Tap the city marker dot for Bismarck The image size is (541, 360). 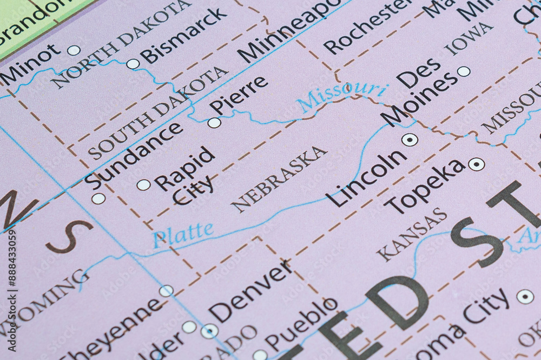133,64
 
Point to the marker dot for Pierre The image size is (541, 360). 214,123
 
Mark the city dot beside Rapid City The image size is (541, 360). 143,185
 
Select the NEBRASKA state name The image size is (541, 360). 279,178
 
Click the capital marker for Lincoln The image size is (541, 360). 410,139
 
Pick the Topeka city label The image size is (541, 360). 424,186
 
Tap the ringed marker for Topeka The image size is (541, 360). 477,164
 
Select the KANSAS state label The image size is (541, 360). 412,234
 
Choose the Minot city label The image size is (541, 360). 30,65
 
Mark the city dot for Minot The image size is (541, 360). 74,50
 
